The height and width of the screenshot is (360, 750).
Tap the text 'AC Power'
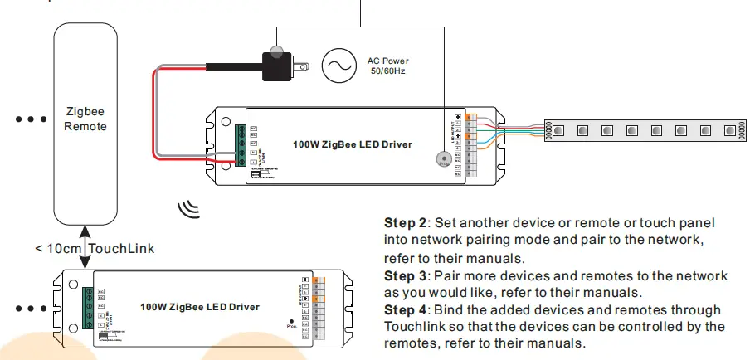coord(388,61)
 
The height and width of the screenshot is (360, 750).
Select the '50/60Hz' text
coord(388,72)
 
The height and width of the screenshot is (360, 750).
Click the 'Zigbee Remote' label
coord(85,118)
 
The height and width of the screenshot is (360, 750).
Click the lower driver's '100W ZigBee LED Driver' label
coord(200,307)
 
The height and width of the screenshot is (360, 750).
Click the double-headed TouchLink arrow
coord(85,248)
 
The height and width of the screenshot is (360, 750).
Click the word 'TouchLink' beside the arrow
coord(121,248)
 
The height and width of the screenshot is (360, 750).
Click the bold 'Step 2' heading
coord(405,224)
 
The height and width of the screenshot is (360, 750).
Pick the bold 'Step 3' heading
coord(405,276)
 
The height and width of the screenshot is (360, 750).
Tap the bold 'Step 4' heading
coord(405,310)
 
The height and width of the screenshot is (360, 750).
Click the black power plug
coord(280,65)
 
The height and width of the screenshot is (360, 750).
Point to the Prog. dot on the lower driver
coord(291,320)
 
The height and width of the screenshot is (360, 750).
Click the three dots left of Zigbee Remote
coord(31,119)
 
